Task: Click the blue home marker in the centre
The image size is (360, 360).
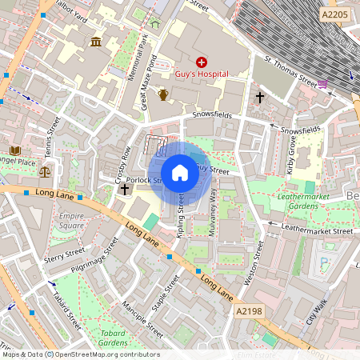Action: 180,173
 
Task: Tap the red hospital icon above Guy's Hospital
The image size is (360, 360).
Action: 201,62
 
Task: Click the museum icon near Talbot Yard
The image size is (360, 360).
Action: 96,42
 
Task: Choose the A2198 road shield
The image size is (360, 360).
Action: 249,310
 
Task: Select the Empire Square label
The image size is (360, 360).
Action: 72,220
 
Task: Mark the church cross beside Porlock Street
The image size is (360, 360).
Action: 124,190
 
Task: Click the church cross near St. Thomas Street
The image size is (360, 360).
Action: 259,97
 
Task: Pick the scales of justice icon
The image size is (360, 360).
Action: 44,170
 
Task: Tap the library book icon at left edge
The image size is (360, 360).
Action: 14,150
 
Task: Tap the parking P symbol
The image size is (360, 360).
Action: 324,261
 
